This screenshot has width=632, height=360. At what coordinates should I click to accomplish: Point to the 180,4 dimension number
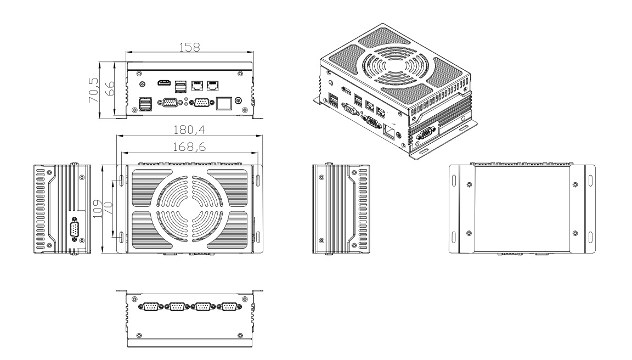pyautogui.click(x=186, y=131)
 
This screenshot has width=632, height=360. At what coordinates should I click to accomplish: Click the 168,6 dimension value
pyautogui.click(x=186, y=147)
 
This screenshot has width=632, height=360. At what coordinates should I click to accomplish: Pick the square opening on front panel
pyautogui.click(x=223, y=103)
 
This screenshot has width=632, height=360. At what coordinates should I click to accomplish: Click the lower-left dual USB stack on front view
pyautogui.click(x=146, y=104)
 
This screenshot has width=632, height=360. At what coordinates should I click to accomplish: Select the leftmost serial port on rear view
pyautogui.click(x=150, y=307)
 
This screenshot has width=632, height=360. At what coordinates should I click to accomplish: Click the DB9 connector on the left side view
pyautogui.click(x=74, y=228)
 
